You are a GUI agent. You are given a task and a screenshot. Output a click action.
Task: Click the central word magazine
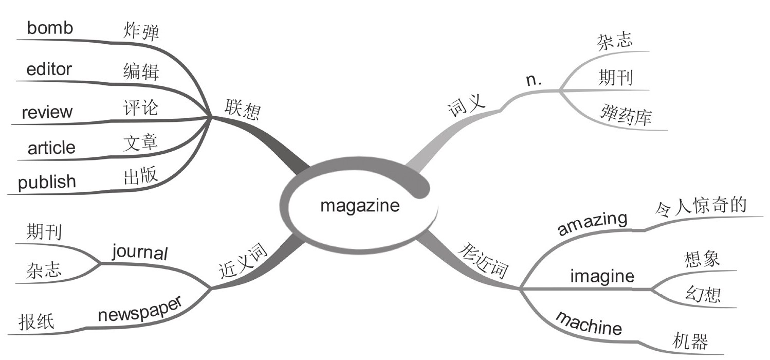coord(359,206)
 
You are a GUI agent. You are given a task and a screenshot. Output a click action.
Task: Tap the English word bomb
coord(50,28)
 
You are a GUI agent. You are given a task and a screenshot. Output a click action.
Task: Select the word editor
coord(49,69)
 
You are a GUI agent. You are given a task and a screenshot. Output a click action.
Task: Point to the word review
coord(47,112)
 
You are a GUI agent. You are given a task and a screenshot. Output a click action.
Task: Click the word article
coord(51,148)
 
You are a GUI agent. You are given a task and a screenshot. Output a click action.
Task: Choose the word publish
coord(47,182)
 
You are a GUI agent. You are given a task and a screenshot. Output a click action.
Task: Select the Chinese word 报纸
coord(36,322)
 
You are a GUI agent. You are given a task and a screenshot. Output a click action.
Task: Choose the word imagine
coord(602,277)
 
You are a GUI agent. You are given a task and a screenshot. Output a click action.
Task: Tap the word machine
coord(589,323)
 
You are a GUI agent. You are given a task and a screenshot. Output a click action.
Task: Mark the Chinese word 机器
coord(690,341)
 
